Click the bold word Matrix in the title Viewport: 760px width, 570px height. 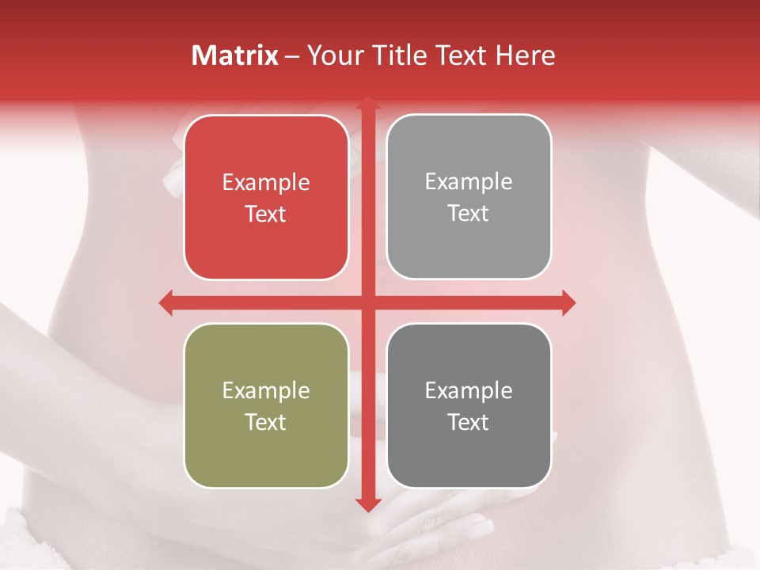click(x=235, y=55)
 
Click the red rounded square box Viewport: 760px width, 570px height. click(x=266, y=197)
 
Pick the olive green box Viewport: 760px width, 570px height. click(x=266, y=405)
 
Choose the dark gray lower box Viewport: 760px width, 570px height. click(x=469, y=405)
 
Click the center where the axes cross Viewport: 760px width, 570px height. click(x=367, y=302)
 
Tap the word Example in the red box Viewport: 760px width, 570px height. click(x=266, y=183)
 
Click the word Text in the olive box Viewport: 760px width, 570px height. click(x=266, y=422)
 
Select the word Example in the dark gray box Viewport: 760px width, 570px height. click(x=469, y=390)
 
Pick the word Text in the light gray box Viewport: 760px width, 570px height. click(x=469, y=213)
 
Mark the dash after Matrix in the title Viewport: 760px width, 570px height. click(x=292, y=56)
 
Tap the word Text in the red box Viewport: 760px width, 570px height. click(x=266, y=214)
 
